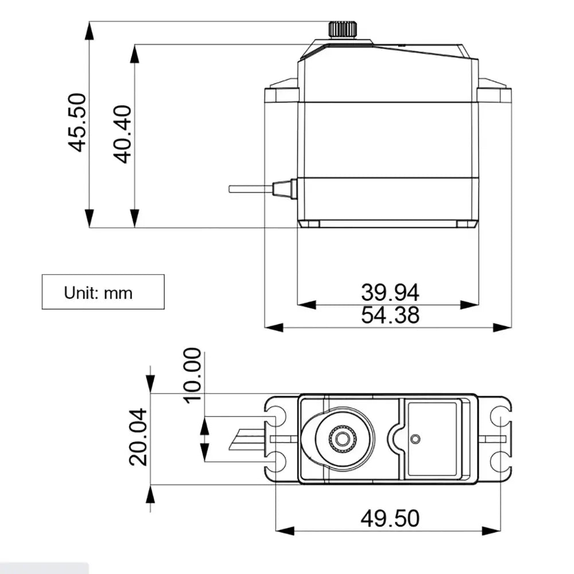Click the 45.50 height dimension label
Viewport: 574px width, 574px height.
pyautogui.click(x=77, y=122)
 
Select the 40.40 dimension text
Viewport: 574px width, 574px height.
pyautogui.click(x=122, y=134)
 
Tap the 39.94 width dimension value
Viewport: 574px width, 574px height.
pyautogui.click(x=390, y=292)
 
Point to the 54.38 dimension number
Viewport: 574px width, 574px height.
pyautogui.click(x=390, y=315)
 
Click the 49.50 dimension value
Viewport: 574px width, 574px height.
pyautogui.click(x=390, y=518)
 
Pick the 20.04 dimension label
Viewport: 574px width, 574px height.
pyautogui.click(x=138, y=437)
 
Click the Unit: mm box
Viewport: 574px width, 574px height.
pyautogui.click(x=103, y=292)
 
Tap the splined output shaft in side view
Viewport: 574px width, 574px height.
pyautogui.click(x=343, y=29)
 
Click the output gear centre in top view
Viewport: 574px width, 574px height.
pyautogui.click(x=343, y=438)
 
